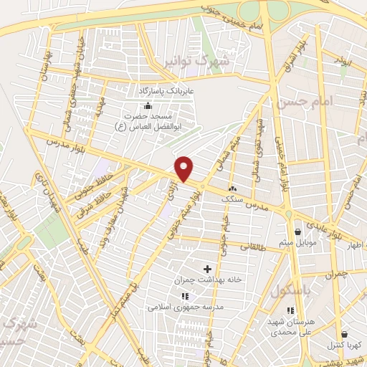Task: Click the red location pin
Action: [x=185, y=168]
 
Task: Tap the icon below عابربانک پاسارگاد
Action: [x=148, y=107]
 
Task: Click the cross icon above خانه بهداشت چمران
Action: [x=207, y=269]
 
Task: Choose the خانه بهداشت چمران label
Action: [x=207, y=281]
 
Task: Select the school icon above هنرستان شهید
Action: [x=290, y=310]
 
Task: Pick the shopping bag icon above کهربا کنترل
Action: [x=344, y=334]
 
